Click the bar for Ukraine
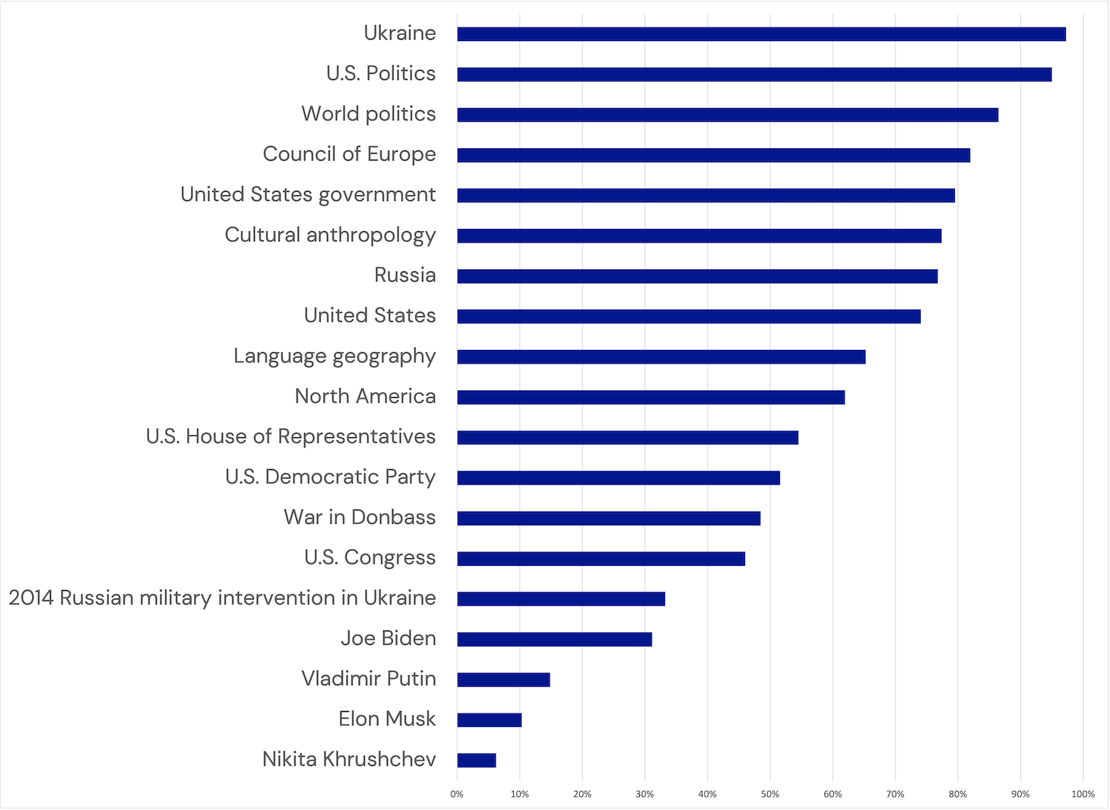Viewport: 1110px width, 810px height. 760,34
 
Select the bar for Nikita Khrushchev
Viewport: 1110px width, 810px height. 477,760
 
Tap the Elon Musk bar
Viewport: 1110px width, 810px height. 490,719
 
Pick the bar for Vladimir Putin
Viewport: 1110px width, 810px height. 503,679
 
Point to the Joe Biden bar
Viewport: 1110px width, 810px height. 554,639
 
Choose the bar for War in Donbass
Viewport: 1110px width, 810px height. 608,518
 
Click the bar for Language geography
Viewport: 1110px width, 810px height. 661,357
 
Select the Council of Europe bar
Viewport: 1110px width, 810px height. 713,155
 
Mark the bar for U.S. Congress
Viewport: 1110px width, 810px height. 601,558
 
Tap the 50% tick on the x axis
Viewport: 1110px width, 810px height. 769,794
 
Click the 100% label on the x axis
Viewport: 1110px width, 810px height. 1083,794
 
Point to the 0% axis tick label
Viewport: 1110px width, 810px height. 457,794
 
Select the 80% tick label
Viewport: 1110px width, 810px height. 957,794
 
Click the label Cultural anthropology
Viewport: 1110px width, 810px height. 330,235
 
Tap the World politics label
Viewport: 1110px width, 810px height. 369,114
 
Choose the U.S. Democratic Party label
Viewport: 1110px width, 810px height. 330,477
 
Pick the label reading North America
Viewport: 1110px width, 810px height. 365,396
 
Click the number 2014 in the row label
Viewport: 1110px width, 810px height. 31,598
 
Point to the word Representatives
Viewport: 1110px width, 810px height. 357,437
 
